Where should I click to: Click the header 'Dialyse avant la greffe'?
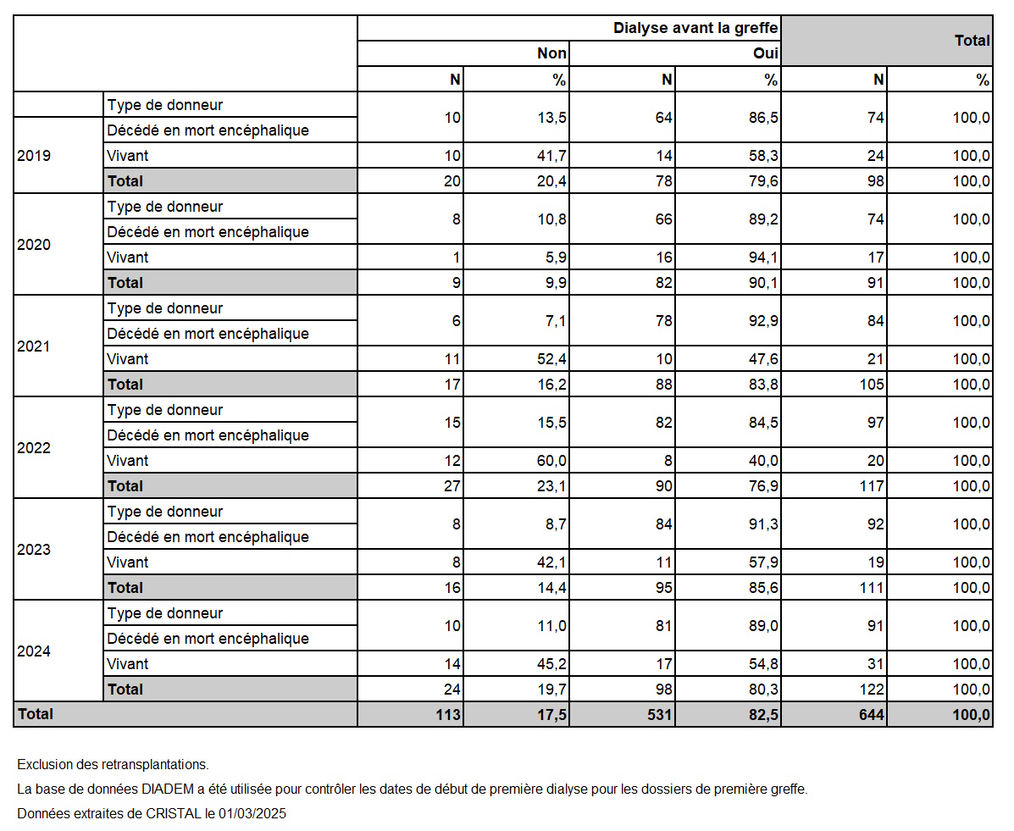(695, 28)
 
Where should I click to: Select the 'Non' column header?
(551, 53)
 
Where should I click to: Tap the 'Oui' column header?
(766, 53)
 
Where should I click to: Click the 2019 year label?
(34, 155)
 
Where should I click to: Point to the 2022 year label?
(34, 447)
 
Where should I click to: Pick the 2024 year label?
(34, 651)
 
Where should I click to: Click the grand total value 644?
(872, 715)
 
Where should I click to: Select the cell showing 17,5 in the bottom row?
(551, 715)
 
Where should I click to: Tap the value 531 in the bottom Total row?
(660, 715)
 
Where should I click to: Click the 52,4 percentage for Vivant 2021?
(551, 359)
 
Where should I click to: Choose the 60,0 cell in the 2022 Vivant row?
(551, 461)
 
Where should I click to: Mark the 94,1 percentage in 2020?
(763, 258)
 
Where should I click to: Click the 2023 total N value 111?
(872, 588)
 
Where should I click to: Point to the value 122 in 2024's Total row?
(872, 690)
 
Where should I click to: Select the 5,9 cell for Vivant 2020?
(557, 258)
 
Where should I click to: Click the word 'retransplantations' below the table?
(154, 764)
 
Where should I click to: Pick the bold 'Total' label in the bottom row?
(36, 714)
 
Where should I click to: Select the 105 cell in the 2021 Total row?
(872, 385)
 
